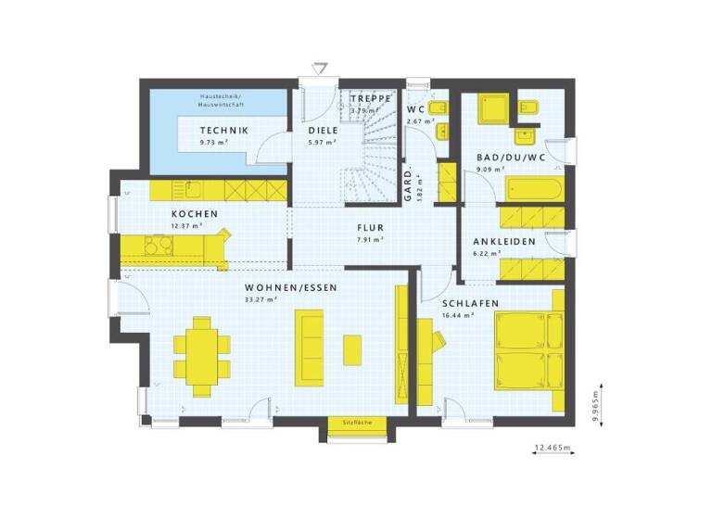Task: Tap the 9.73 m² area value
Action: pos(214,144)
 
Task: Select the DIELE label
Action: pos(323,131)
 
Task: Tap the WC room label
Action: pos(416,109)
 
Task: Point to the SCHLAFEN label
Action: pos(470,303)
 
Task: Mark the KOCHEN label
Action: pos(194,214)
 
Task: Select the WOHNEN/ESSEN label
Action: pos(290,287)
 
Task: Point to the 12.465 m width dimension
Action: pos(553,449)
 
